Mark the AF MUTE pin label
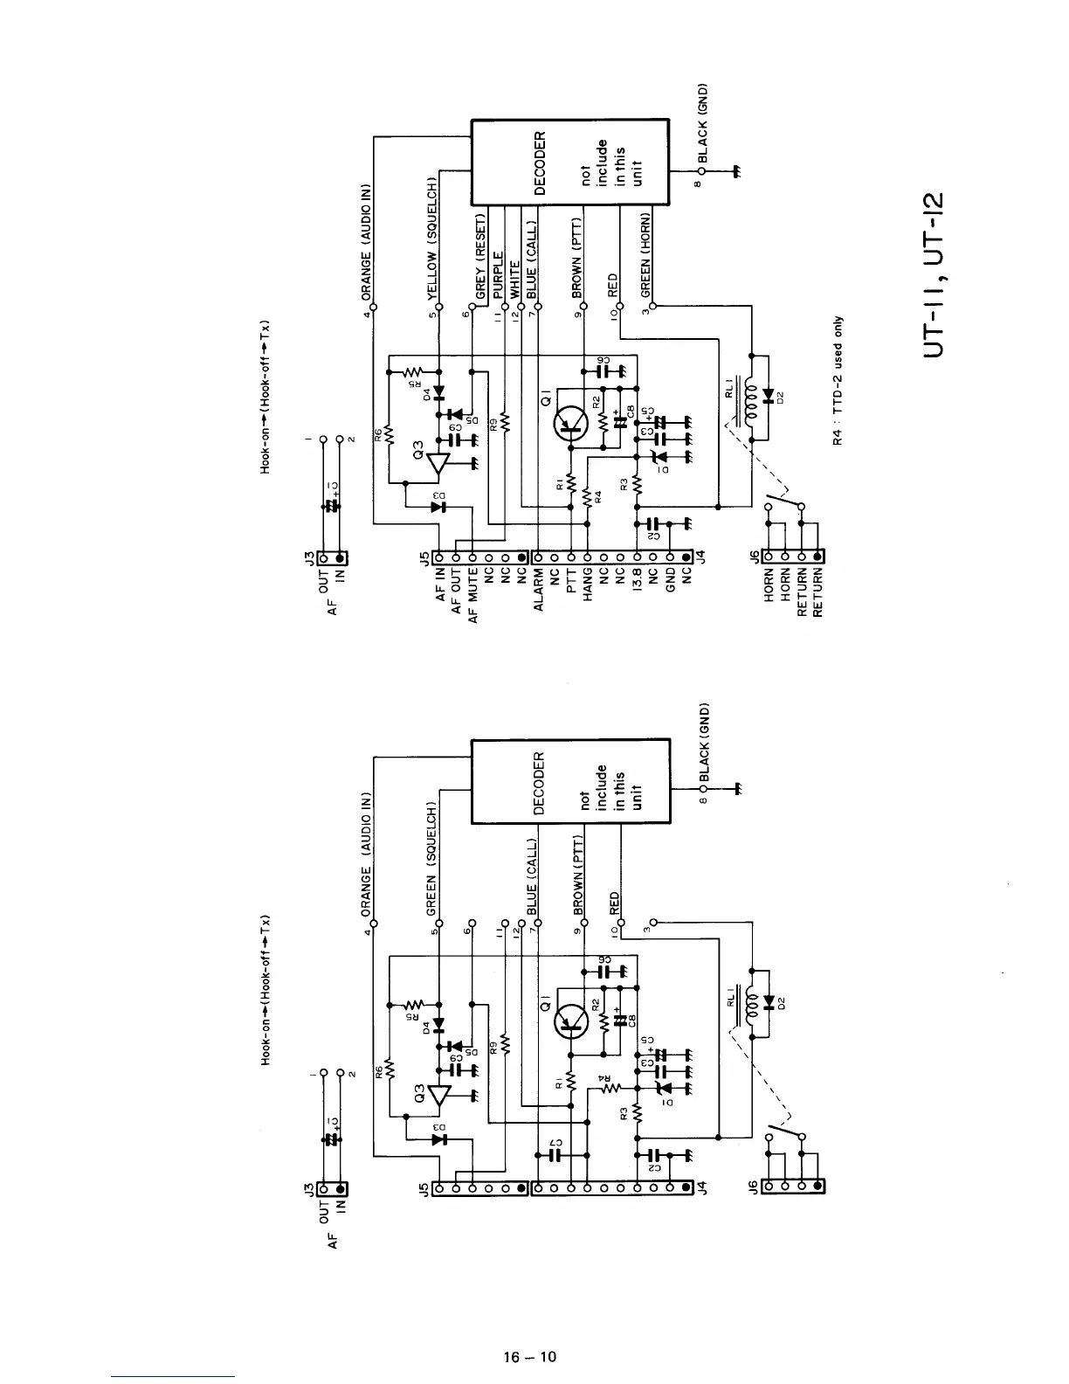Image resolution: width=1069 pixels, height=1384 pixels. click(x=473, y=594)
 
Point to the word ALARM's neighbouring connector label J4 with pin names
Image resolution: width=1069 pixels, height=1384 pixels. click(x=698, y=556)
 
